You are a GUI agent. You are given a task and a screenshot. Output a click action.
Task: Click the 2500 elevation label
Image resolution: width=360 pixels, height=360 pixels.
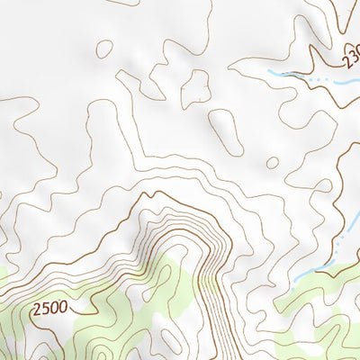click(49, 308)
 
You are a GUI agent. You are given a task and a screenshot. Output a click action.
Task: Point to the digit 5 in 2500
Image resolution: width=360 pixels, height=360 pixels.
click(45, 309)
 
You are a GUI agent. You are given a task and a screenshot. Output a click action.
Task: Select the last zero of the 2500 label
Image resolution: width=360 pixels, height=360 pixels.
click(63, 306)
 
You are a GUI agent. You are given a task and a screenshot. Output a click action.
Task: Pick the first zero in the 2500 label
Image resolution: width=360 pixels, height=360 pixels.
click(54, 308)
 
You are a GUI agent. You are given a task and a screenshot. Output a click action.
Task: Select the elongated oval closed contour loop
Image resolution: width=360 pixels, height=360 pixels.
click(225, 130)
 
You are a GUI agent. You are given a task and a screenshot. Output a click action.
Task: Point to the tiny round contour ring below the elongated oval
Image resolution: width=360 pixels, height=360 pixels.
click(272, 163)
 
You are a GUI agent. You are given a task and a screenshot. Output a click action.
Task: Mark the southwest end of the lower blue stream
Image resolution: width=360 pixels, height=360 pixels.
click(290, 278)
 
